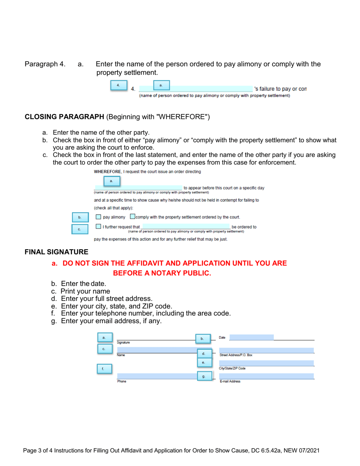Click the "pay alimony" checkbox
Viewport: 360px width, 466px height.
98,217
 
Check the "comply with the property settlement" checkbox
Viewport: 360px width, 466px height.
132,217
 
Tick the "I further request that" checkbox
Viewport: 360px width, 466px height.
98,227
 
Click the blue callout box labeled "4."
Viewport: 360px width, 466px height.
118,85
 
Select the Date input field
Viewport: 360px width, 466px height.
251,337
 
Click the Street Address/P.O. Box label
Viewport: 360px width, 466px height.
236,355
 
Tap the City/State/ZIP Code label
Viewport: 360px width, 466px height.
233,368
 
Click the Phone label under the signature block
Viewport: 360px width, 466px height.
122,382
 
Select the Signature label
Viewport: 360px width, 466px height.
124,342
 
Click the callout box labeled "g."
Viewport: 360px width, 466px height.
203,376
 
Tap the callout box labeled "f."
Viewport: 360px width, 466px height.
103,369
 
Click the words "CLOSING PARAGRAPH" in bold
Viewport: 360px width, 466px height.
64,117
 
